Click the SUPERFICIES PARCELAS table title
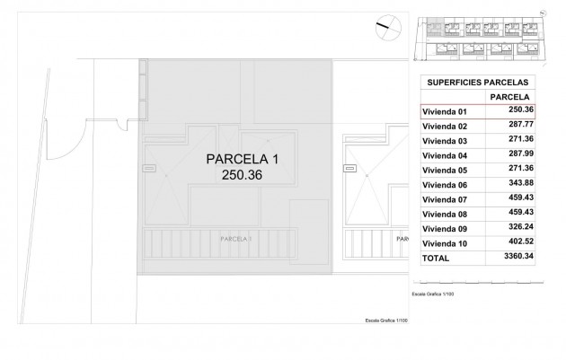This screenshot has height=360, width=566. click(476, 80)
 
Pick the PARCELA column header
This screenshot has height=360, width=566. click(507, 96)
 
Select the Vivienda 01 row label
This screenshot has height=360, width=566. click(445, 111)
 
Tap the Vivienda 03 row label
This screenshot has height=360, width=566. click(445, 141)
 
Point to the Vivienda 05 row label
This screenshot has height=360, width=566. click(445, 170)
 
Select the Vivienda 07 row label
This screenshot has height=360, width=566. click(445, 198)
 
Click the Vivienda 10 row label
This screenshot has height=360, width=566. click(445, 242)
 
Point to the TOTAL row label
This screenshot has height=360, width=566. click(437, 258)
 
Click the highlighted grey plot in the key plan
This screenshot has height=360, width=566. click(435, 28)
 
